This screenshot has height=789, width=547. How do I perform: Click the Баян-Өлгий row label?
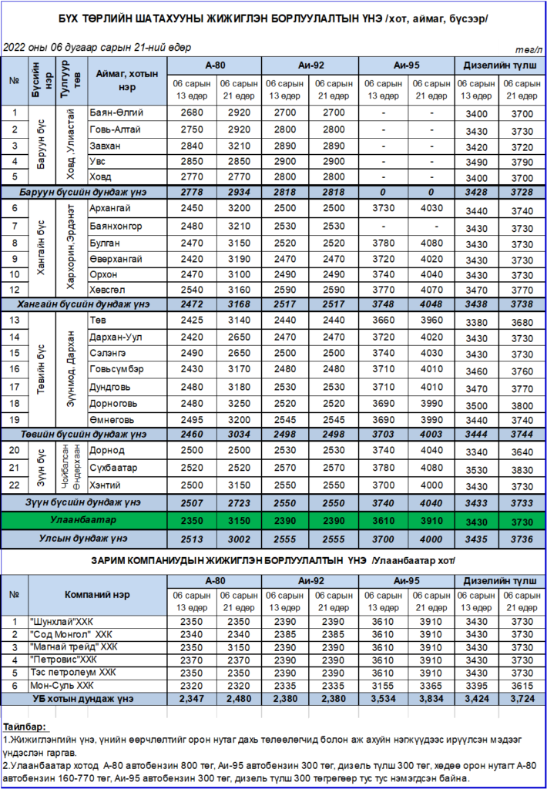pyautogui.click(x=116, y=112)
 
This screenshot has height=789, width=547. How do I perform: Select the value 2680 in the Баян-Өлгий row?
pyautogui.click(x=192, y=112)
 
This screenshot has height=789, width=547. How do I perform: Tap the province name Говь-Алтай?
pyautogui.click(x=116, y=129)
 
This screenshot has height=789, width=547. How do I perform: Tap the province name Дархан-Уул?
pyautogui.click(x=117, y=337)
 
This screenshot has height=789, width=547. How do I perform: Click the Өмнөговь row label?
pyautogui.click(x=116, y=420)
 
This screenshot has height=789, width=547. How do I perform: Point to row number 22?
pyautogui.click(x=14, y=485)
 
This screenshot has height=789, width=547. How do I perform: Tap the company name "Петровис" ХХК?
pyautogui.click(x=76, y=660)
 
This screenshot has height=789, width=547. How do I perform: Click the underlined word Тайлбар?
pyautogui.click(x=24, y=727)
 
